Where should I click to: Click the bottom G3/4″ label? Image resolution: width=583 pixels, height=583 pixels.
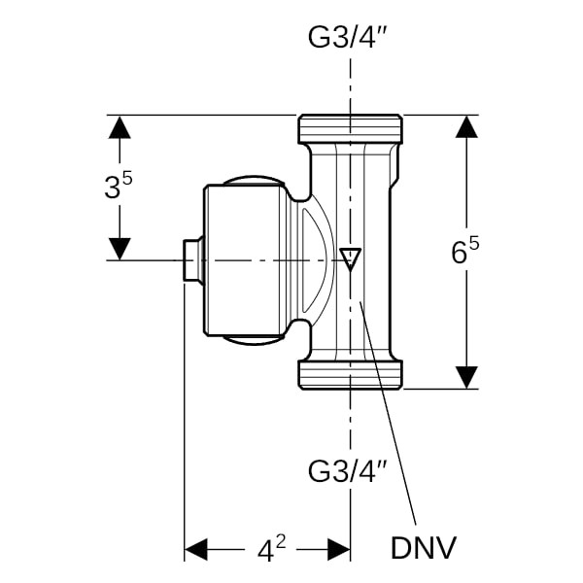(x=349, y=472)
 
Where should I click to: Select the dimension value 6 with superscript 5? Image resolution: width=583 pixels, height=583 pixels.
(x=465, y=252)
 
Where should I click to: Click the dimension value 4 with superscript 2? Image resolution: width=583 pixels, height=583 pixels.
(x=271, y=550)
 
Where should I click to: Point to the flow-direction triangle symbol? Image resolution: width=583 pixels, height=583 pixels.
(x=351, y=258)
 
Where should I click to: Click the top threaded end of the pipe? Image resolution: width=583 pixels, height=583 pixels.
(x=350, y=128)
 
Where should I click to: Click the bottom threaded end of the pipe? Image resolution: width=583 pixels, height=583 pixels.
(x=350, y=375)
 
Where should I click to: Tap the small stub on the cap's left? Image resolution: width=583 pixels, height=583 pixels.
(x=192, y=260)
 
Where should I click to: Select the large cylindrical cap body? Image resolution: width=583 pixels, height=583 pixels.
(x=243, y=260)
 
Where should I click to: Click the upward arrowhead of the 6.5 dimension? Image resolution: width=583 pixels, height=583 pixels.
(x=467, y=126)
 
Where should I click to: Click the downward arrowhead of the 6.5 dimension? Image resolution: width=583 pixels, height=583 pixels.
(x=467, y=377)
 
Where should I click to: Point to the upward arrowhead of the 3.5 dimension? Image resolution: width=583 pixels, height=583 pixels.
(x=119, y=126)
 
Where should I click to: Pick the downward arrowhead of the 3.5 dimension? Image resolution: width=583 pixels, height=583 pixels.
(x=119, y=249)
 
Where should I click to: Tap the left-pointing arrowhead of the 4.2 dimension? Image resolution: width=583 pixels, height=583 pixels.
(x=196, y=550)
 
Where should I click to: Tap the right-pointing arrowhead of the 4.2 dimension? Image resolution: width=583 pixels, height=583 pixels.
(x=338, y=550)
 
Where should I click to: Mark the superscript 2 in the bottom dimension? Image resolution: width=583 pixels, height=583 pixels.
(x=280, y=542)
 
